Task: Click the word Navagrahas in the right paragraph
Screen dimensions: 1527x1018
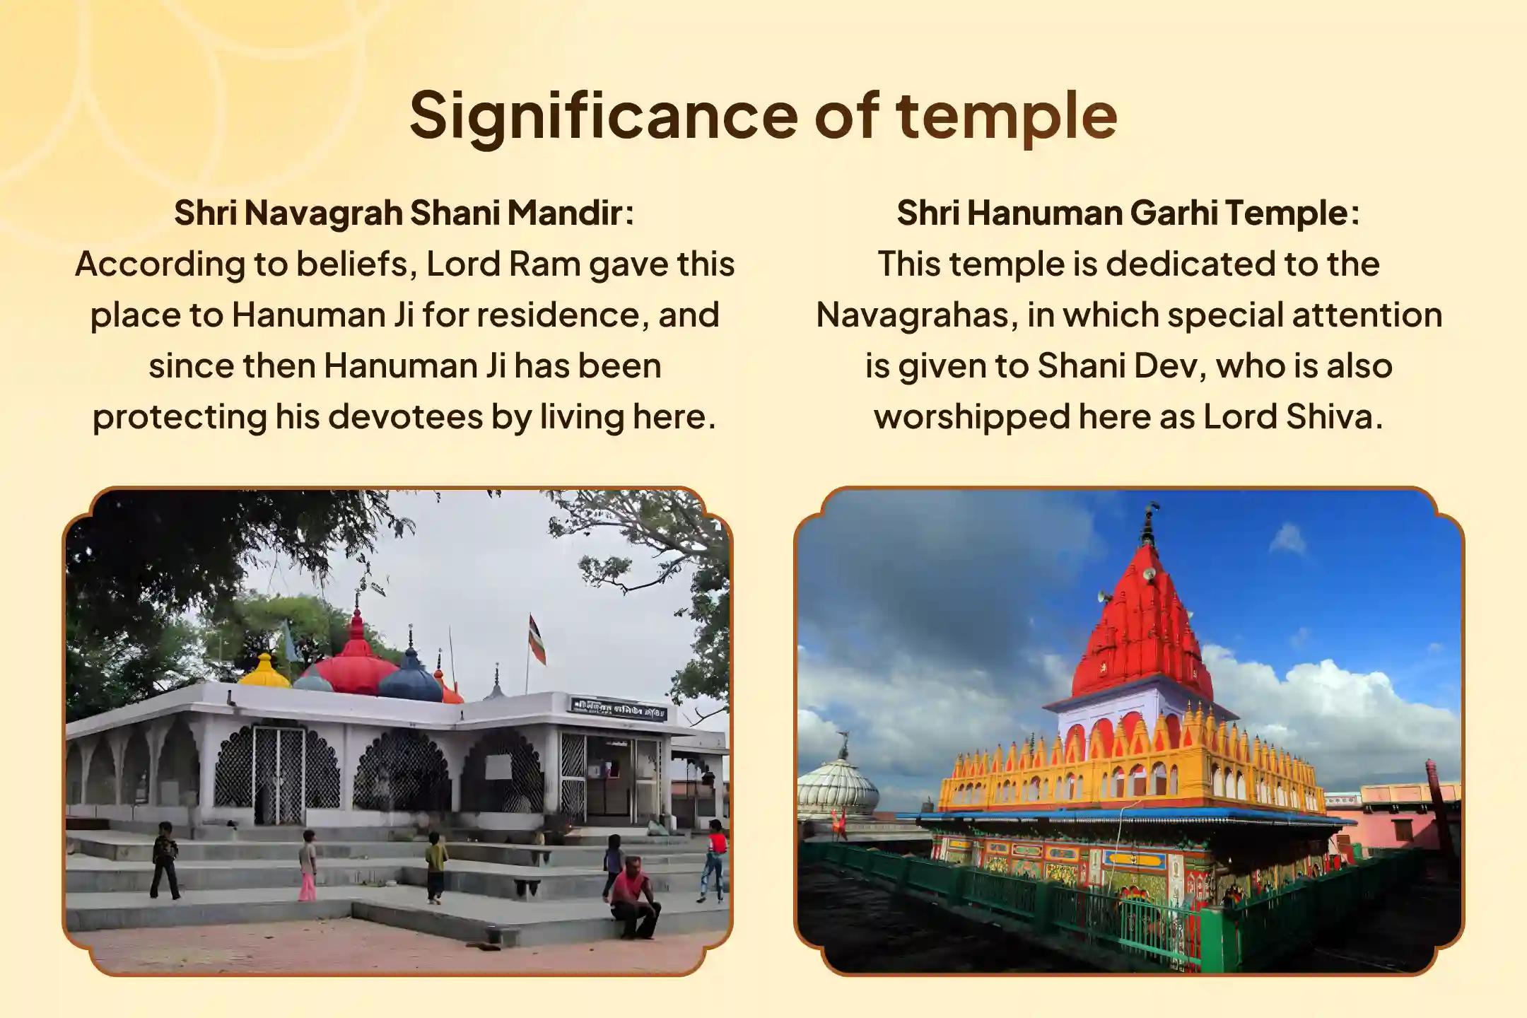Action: click(917, 315)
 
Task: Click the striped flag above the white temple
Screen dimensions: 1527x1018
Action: click(537, 639)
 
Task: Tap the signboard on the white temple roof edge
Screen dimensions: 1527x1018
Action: click(619, 708)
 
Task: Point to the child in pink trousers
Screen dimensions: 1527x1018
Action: click(308, 865)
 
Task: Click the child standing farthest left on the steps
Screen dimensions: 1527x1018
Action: click(165, 860)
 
